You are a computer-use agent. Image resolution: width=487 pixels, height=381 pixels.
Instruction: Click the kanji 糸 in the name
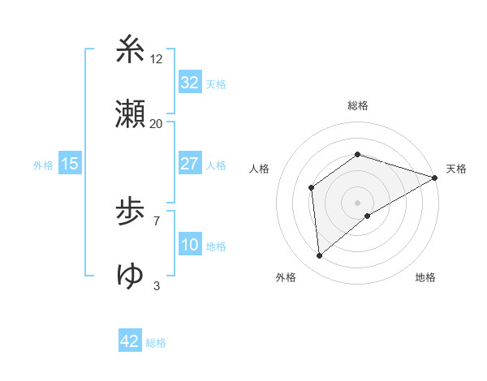[x=131, y=50]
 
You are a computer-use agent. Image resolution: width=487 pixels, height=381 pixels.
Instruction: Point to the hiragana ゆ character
[x=131, y=276]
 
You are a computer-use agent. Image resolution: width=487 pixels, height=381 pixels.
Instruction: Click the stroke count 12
[x=157, y=58]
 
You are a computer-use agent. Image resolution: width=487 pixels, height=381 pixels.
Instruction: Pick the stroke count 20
[x=157, y=123]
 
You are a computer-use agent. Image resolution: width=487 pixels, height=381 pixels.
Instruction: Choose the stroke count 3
[x=156, y=285]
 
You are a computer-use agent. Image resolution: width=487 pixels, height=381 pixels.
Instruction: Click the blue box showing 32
[x=190, y=82]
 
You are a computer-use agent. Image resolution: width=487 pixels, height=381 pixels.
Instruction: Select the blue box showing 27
[x=190, y=164]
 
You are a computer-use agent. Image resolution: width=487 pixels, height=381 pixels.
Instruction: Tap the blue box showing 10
[x=190, y=245]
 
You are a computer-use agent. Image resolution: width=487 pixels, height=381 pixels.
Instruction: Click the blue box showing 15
[x=70, y=164]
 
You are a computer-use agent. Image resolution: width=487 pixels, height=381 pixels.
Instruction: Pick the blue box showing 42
[x=130, y=341]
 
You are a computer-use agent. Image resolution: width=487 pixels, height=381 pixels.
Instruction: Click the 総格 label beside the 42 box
[x=156, y=343]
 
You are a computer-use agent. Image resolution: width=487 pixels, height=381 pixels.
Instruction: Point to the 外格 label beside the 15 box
[x=43, y=165]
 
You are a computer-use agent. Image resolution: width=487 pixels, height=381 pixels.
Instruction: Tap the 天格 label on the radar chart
[x=456, y=169]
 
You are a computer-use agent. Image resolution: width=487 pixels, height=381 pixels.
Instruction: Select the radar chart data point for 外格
[x=320, y=256]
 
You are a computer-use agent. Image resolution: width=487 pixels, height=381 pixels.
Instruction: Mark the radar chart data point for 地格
[x=368, y=216]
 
